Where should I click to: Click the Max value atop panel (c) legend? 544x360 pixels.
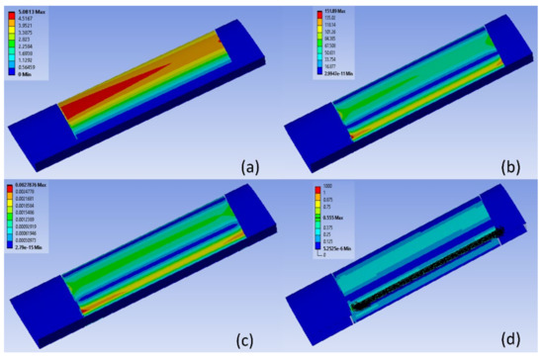(40, 187)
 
